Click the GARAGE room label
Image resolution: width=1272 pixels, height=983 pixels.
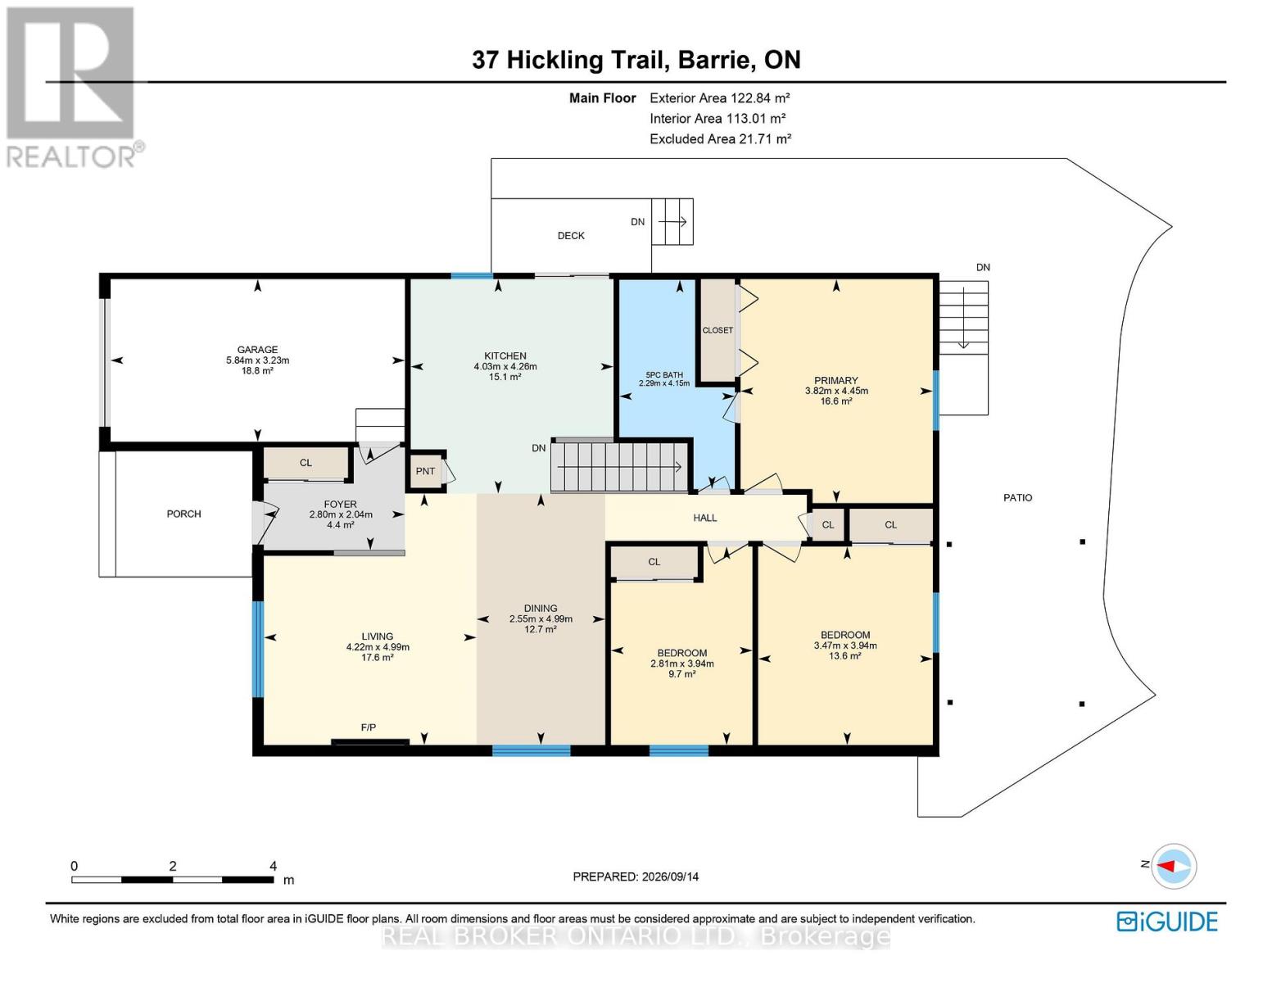[257, 350]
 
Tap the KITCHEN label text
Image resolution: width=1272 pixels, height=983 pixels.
[505, 356]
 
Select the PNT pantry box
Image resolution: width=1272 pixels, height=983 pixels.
[426, 471]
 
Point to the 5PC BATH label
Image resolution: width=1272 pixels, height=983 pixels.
[663, 374]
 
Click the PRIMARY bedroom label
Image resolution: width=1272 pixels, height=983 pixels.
[836, 381]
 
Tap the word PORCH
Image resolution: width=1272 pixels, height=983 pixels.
[183, 514]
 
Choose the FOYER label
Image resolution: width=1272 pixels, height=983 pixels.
[340, 504]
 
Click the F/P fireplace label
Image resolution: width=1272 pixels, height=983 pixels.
[369, 727]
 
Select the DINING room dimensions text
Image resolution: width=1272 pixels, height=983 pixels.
[541, 618]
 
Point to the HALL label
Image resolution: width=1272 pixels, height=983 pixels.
[704, 518]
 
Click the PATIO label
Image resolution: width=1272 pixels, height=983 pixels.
[1018, 498]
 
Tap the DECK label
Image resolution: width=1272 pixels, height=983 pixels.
[571, 235]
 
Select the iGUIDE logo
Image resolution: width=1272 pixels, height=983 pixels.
[1167, 922]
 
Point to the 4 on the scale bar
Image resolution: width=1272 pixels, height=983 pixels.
[273, 865]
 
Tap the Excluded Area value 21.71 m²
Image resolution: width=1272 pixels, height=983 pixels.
[765, 138]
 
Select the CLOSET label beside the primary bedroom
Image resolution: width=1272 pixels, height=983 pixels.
[717, 330]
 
